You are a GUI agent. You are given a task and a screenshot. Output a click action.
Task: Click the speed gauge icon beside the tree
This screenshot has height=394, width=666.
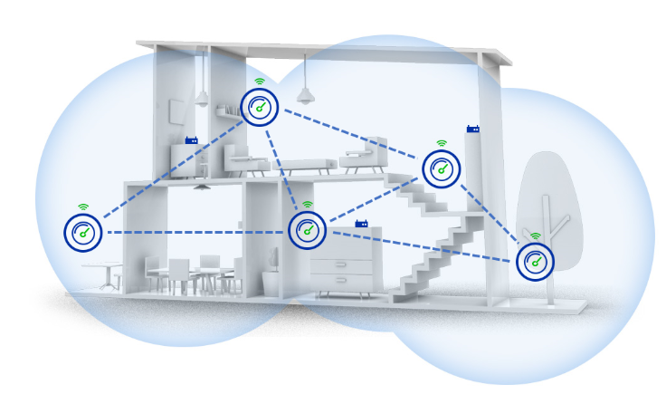tap(535, 262)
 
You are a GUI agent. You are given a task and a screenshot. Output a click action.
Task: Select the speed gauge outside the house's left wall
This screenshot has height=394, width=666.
tap(83, 233)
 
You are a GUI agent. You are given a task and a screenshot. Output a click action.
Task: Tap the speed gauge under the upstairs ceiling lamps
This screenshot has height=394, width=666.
tap(260, 107)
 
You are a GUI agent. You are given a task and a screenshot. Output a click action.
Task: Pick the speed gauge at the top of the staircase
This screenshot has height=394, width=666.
tap(442, 168)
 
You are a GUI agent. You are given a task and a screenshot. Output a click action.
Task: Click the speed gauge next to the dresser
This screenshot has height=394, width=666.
tap(307, 230)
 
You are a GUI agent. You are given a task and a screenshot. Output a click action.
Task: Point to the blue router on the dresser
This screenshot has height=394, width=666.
tap(362, 223)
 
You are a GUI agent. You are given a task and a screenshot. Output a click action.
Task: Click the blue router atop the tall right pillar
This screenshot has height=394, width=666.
tap(472, 129)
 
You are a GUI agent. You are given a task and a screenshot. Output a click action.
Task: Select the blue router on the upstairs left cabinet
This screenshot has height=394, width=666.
tap(191, 140)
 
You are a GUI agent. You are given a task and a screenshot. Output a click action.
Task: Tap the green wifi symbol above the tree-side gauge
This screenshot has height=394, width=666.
tap(535, 236)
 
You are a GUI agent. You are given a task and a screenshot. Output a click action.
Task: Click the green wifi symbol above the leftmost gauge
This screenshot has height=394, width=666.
tap(83, 207)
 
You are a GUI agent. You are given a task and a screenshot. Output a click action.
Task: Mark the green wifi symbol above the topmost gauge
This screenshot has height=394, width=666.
tap(260, 82)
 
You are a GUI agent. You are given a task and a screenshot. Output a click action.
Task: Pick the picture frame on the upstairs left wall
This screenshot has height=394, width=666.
tap(176, 111)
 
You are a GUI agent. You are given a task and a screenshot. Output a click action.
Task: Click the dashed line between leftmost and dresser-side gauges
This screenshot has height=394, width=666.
tap(195, 233)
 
